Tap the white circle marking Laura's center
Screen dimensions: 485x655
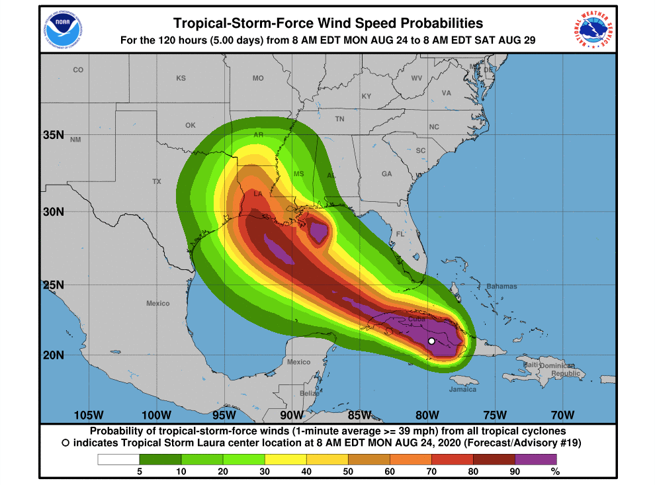pos(431,341)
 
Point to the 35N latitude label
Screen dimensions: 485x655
pos(53,135)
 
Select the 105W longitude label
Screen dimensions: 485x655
pos(89,416)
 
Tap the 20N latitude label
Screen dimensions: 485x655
pos(53,355)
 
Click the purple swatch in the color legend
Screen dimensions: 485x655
pos(536,459)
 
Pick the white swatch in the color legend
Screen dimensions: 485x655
pos(118,459)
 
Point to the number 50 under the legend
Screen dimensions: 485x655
pos(348,472)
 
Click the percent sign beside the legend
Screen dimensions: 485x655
pos(556,472)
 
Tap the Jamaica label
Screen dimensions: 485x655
pos(462,389)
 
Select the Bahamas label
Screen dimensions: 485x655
pos(502,287)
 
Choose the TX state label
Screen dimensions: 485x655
pos(157,181)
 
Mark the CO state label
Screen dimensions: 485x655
pos(78,70)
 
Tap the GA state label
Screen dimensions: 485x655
pos(386,174)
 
